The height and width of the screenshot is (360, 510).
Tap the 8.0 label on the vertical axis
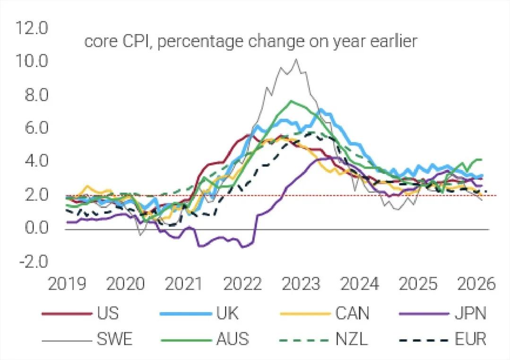tap(34, 95)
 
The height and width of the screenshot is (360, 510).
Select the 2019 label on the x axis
tap(68, 285)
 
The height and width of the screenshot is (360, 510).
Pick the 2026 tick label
tap(476, 285)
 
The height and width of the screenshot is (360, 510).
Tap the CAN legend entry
tap(352, 313)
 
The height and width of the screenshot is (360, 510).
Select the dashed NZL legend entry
tap(352, 339)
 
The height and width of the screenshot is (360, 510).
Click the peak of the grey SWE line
tap(296, 60)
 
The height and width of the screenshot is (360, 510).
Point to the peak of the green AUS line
tap(292, 101)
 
